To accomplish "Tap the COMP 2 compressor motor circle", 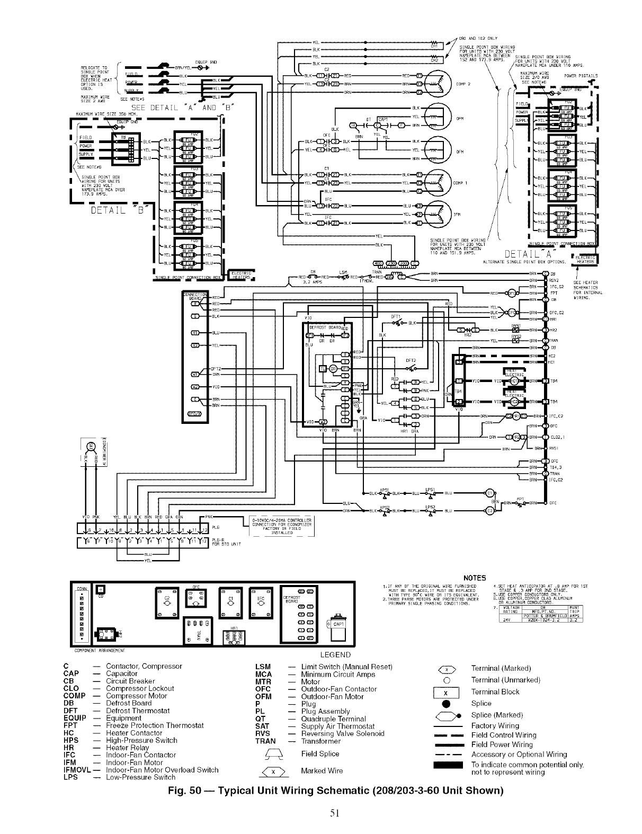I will (435, 84).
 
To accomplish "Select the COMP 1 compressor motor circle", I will (435, 183).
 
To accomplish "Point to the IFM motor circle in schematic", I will (435, 214).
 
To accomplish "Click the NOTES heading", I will (474, 578).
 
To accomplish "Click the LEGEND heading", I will (335, 655).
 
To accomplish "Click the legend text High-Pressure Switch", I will (141, 740).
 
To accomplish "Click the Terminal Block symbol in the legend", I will (445, 693).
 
